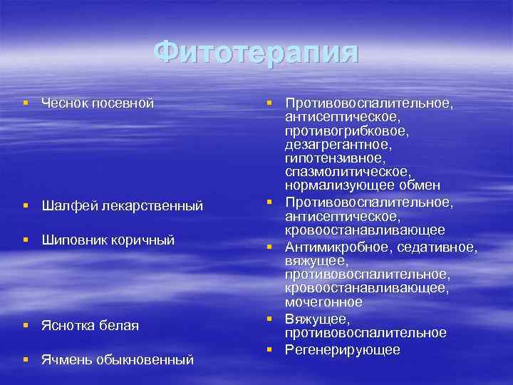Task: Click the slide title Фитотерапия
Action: [x=256, y=52]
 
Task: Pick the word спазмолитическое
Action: [x=346, y=173]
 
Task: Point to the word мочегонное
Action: [x=323, y=302]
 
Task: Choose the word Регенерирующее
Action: [x=343, y=349]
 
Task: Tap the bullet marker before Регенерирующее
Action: [x=271, y=349]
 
